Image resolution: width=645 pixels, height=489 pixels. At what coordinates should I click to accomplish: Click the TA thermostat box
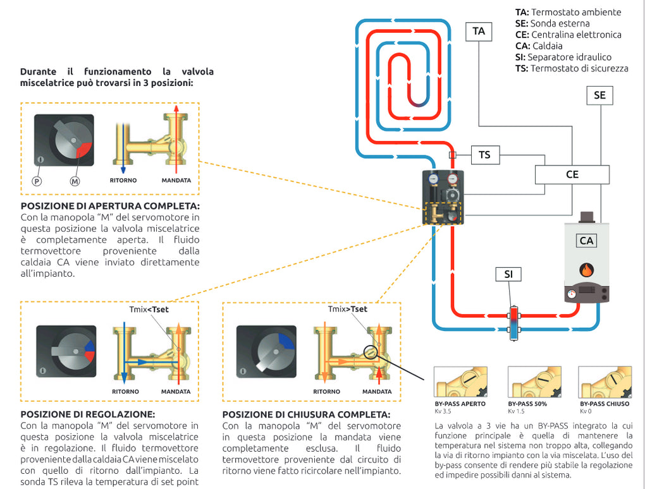[x=479, y=31]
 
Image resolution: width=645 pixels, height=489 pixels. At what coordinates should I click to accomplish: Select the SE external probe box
[x=599, y=95]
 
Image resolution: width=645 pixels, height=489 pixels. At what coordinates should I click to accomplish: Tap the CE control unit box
[x=572, y=174]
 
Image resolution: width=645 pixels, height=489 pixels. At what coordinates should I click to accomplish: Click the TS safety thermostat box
[x=484, y=154]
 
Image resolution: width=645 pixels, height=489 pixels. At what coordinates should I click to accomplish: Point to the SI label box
[x=508, y=274]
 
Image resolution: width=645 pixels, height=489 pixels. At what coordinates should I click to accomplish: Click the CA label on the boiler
[x=587, y=241]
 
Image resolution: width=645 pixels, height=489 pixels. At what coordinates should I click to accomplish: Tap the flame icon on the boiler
[x=587, y=270]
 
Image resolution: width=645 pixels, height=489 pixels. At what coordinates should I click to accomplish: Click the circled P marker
[x=37, y=180]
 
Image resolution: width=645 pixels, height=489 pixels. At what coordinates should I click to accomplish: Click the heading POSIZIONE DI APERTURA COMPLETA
[x=110, y=207]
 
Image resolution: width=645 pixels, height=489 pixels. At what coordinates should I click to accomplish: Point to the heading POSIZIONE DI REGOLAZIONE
[x=87, y=414]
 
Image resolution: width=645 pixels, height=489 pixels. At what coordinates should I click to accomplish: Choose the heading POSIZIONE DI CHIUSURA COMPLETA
[x=307, y=415]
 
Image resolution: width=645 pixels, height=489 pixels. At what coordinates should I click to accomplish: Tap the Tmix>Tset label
[x=347, y=310]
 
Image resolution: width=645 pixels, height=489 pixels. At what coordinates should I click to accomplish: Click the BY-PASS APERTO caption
[x=460, y=403]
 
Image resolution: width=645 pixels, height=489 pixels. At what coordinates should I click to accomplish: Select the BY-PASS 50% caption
[x=527, y=403]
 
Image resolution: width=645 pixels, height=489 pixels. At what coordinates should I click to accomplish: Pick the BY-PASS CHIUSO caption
[x=605, y=403]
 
